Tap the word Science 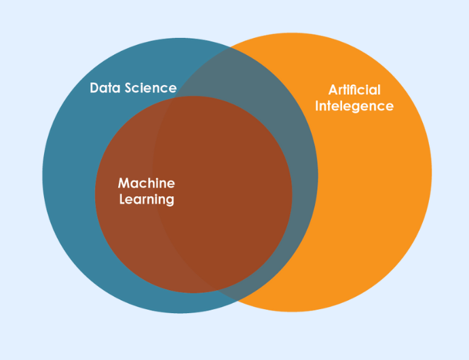coord(150,88)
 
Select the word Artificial coord(354,90)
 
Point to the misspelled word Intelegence coord(354,107)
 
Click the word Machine coord(146,183)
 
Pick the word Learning coord(147,200)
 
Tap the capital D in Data coord(94,88)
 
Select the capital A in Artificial coord(333,90)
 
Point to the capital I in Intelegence coord(317,106)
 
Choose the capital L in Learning coord(122,200)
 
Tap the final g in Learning coord(170,202)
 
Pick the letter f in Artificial coord(356,90)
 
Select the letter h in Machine coord(152,183)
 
